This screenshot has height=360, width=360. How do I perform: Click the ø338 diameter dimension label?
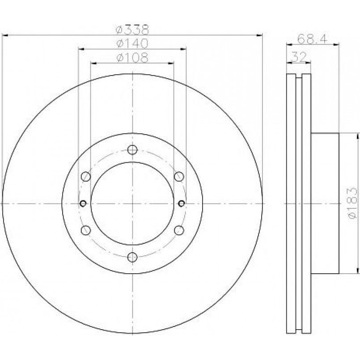[132, 30]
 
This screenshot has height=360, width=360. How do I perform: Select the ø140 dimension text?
[132, 44]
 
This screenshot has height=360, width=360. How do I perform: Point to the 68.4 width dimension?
[312, 39]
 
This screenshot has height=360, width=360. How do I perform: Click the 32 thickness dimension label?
[299, 57]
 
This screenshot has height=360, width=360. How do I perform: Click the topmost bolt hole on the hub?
[132, 150]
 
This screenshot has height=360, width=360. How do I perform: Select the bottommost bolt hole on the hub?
[132, 257]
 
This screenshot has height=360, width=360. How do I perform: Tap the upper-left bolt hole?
[86, 177]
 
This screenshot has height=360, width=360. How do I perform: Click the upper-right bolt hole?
[179, 177]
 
